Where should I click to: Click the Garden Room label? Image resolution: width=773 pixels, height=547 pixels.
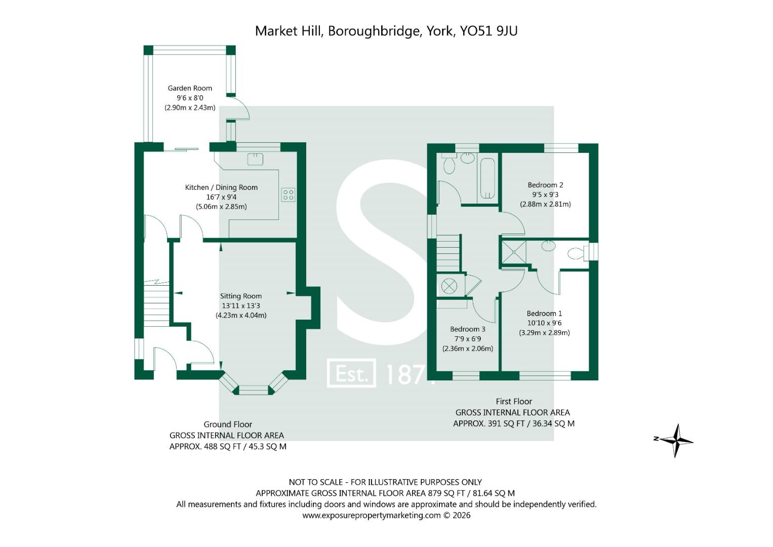tap(190, 88)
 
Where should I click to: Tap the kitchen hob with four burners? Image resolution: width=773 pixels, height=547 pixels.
tap(288, 194)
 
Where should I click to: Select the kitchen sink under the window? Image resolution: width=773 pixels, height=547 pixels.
tap(255, 159)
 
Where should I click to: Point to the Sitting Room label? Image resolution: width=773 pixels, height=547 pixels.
tap(241, 296)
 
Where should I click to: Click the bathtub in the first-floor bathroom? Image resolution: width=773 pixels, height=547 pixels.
tap(487, 178)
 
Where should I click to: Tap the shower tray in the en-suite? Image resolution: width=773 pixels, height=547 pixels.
tap(514, 252)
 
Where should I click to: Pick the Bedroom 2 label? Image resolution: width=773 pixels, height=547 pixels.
tap(545, 185)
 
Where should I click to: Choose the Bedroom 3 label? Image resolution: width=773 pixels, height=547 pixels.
tap(468, 329)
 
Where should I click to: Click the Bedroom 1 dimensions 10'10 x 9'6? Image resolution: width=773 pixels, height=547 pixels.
tap(544, 323)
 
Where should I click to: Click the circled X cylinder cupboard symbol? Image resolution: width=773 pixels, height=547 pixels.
tap(449, 286)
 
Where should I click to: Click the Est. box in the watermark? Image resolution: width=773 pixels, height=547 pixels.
tap(351, 373)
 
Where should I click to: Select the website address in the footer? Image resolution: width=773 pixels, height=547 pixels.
tap(372, 515)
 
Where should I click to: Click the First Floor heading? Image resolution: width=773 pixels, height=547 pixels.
tap(514, 401)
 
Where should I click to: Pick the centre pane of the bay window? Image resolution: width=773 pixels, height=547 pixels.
tap(254, 390)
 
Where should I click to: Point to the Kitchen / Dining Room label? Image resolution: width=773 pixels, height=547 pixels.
tap(221, 187)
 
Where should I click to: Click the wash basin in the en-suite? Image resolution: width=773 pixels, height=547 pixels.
tap(548, 246)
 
